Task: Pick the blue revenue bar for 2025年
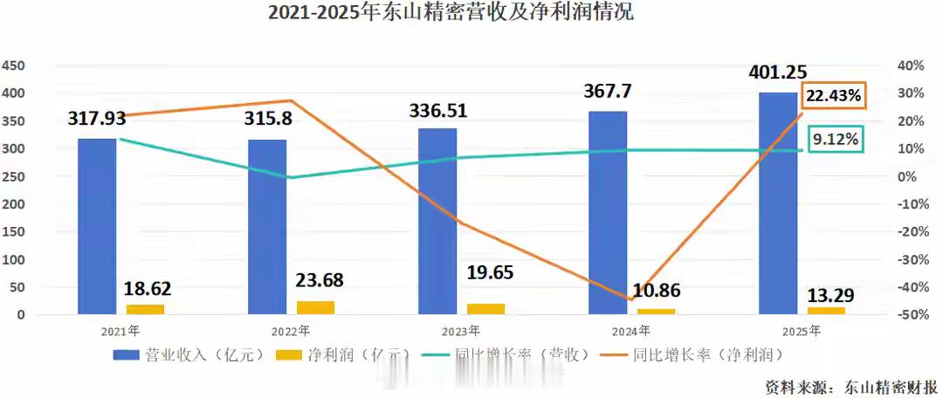click(778, 202)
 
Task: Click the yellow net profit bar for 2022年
click(315, 306)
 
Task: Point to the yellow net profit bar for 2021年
click(145, 308)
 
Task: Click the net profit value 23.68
click(317, 280)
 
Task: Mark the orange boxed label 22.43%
click(834, 97)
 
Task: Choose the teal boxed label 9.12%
click(835, 139)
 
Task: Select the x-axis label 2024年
click(631, 332)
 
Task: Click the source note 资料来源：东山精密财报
click(851, 386)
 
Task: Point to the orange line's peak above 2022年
click(291, 101)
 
